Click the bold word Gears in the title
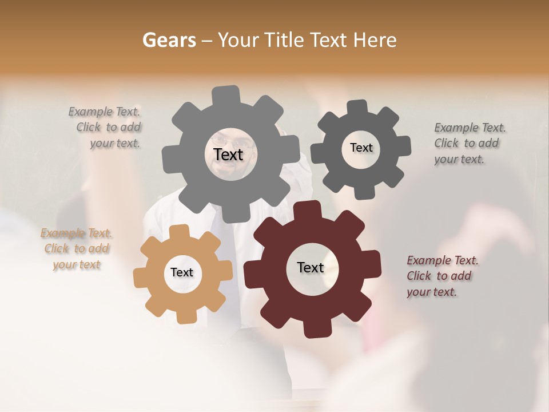pos(169,40)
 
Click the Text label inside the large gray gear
pos(228,154)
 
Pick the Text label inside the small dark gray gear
pos(361,148)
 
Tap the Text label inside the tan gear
pos(182,272)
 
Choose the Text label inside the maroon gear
pos(311,267)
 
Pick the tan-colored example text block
pos(77,248)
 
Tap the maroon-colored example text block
pos(441,276)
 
